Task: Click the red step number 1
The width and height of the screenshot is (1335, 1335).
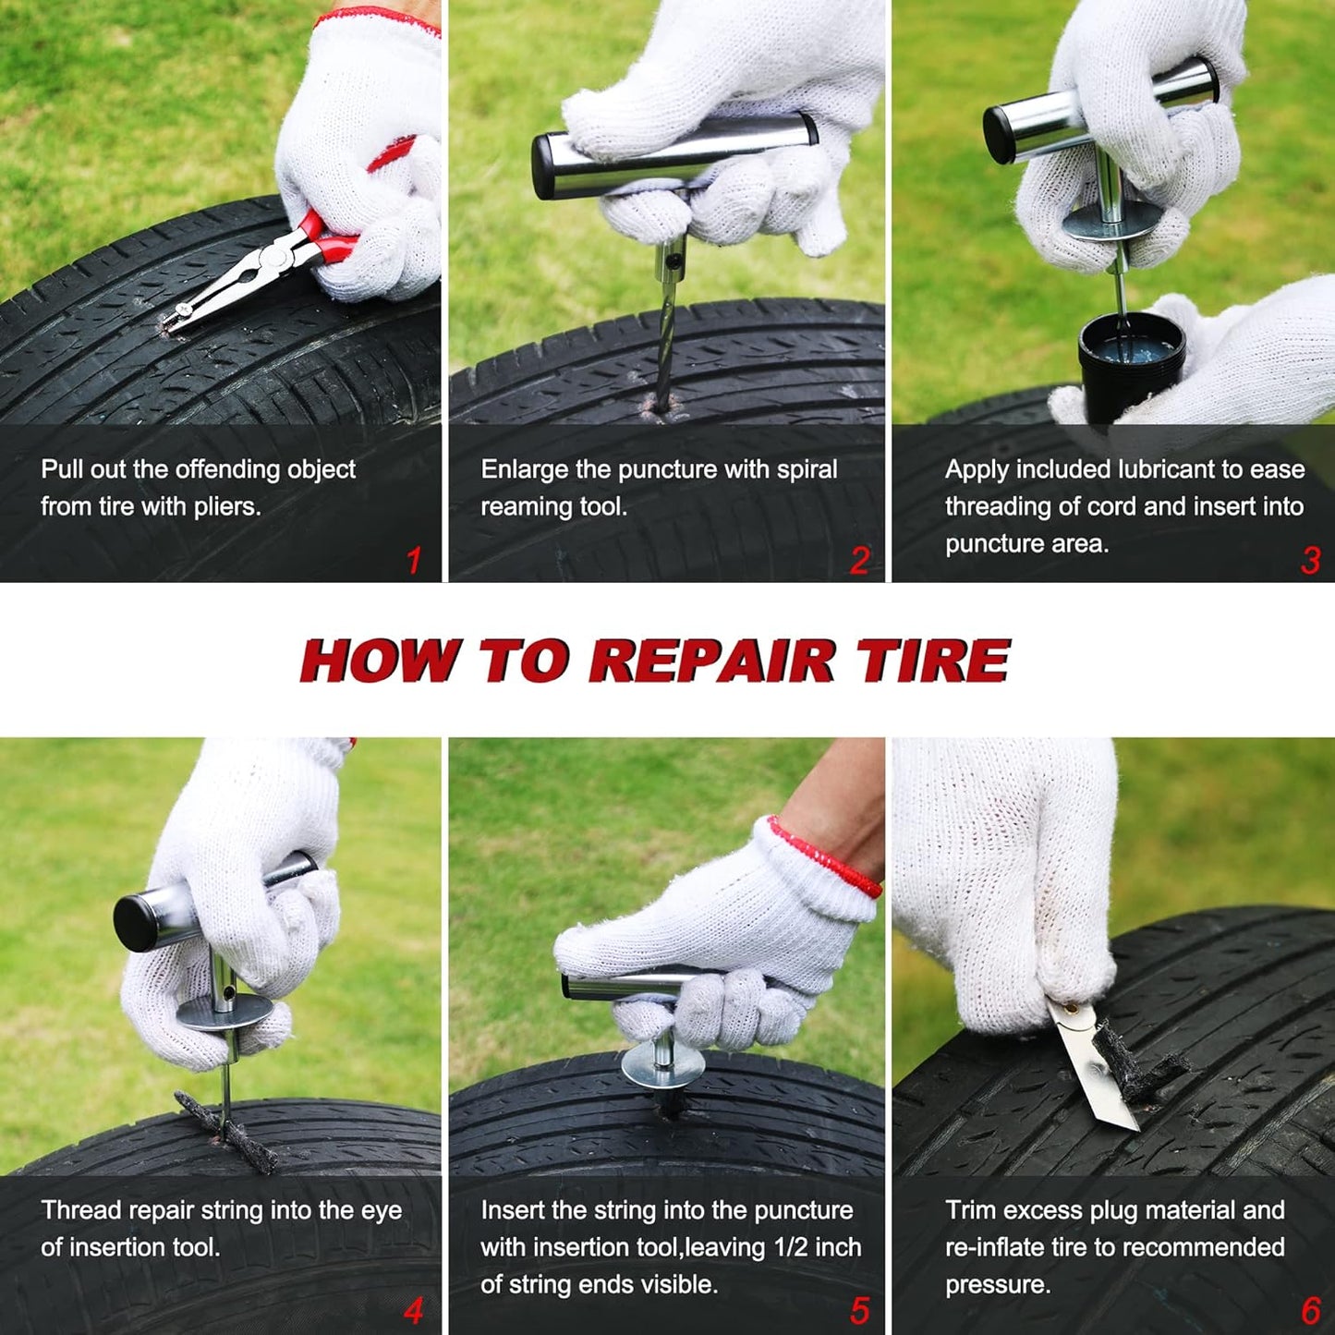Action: pos(414,561)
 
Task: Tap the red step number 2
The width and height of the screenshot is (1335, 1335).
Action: pos(859,561)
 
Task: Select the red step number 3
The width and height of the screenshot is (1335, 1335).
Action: pos(1310,561)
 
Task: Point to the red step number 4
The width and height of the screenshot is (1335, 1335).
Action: pos(413,1310)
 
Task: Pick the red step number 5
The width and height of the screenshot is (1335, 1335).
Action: pos(859,1310)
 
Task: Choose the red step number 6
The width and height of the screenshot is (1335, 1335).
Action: pos(1310,1310)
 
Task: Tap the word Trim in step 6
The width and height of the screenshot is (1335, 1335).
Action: pos(971,1210)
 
